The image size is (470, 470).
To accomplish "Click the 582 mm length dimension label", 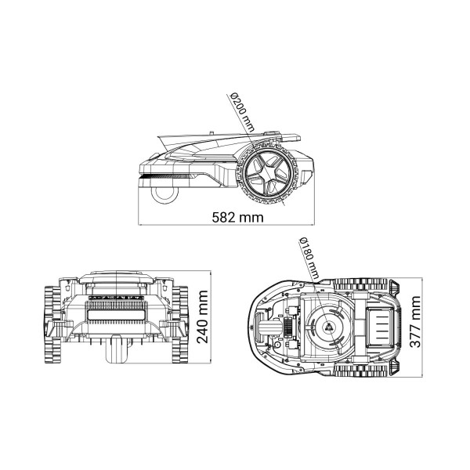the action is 237,217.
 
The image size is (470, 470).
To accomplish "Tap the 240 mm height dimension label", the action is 203,316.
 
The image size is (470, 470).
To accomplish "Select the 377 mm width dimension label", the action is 415,322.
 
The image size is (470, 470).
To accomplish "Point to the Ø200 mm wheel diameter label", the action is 242,112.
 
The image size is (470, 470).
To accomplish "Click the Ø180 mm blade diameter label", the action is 309,258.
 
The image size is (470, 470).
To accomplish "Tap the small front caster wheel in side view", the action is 164,194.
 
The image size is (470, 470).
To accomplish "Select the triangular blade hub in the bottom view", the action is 329,327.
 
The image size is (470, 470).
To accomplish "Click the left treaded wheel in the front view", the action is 52,324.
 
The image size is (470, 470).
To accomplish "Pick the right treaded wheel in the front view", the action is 180,324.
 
